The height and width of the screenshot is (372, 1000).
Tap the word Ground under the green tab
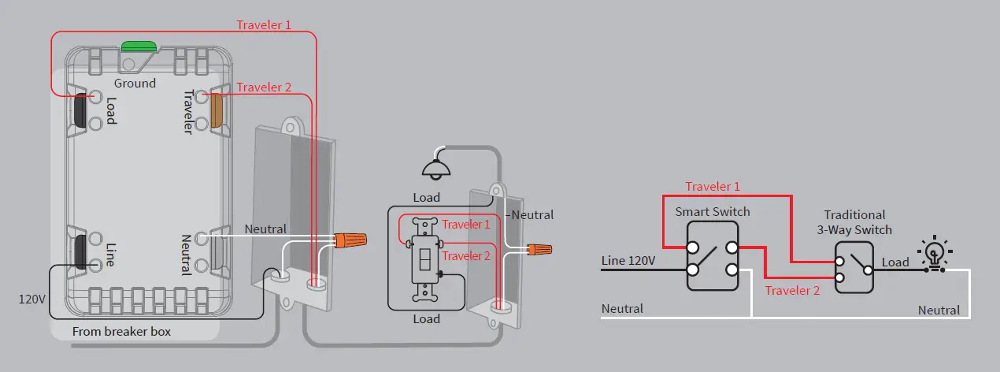(135, 83)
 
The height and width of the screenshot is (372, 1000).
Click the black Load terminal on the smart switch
(80, 110)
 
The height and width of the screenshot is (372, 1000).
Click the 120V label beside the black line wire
(31, 299)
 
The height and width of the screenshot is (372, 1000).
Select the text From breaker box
(121, 332)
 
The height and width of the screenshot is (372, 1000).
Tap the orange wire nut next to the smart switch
(350, 239)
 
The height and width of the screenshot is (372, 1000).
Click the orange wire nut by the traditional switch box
(539, 250)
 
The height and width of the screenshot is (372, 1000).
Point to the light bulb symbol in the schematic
(934, 253)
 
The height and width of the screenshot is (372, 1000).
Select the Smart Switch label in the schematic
(713, 212)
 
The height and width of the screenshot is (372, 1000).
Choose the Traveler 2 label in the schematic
(792, 290)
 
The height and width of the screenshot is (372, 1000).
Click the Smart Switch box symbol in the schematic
(712, 256)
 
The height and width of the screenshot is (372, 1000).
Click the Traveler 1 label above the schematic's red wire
(713, 187)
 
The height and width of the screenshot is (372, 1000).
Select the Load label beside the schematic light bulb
(895, 262)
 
